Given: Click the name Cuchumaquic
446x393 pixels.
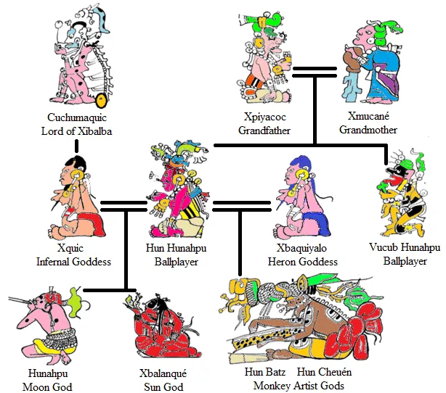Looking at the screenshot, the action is pyautogui.click(x=77, y=117).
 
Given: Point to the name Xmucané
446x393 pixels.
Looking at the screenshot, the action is pyautogui.click(x=368, y=115).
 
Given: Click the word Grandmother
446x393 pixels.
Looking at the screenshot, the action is pyautogui.click(x=368, y=130).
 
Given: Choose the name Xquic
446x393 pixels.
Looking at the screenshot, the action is pyautogui.click(x=70, y=248).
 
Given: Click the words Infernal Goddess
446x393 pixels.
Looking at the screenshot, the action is pyautogui.click(x=73, y=261).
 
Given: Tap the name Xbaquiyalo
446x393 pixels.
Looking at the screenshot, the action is pyautogui.click(x=301, y=248).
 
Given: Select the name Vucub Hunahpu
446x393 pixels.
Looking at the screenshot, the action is pyautogui.click(x=405, y=247).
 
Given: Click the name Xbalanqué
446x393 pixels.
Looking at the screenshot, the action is pyautogui.click(x=163, y=373).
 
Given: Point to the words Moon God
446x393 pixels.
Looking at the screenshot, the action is pyautogui.click(x=47, y=386).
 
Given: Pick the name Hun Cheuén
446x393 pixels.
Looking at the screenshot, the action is pyautogui.click(x=324, y=372).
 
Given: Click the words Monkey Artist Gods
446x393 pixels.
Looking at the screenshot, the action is pyautogui.click(x=299, y=386).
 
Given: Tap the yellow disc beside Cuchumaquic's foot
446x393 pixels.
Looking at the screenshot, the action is pyautogui.click(x=101, y=101).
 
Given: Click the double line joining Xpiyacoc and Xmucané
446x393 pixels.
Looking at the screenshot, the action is pyautogui.click(x=315, y=72).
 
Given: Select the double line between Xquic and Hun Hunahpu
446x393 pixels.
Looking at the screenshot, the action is pyautogui.click(x=123, y=207).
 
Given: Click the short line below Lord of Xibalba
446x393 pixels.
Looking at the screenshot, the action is pyautogui.click(x=76, y=146).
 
